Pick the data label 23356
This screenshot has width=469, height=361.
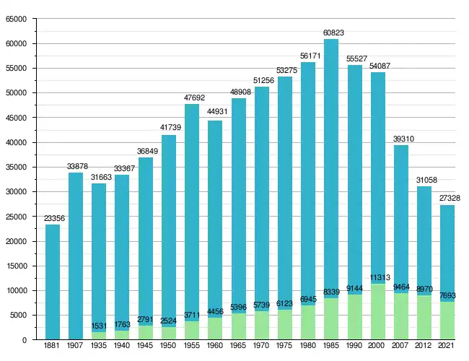52,218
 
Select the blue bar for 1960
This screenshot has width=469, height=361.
215,217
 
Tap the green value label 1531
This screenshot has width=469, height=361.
99,326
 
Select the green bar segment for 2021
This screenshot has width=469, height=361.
448,321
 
